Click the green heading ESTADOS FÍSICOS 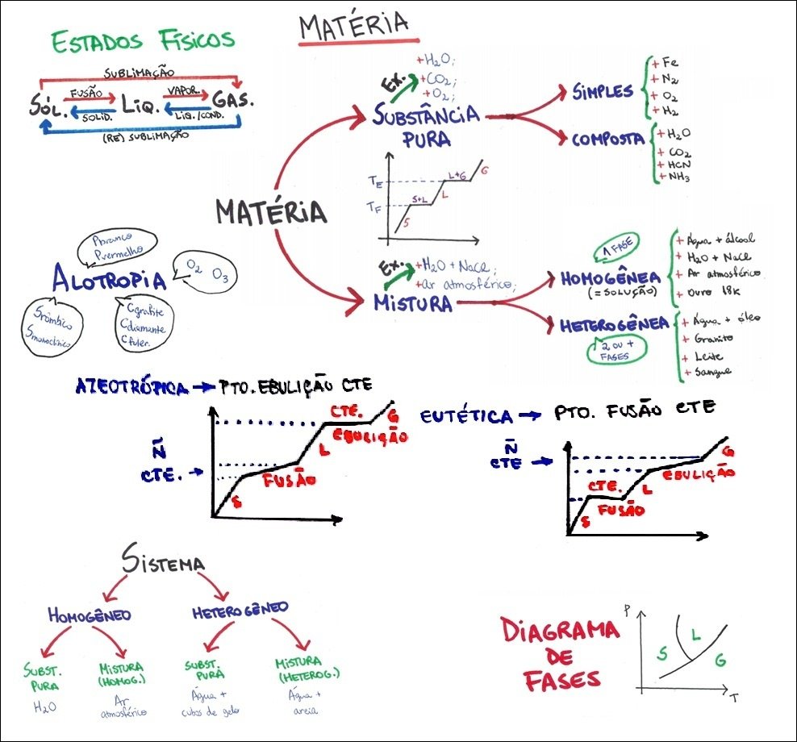coord(143,40)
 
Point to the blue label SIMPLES coord(603,90)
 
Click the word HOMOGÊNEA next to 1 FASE coord(611,277)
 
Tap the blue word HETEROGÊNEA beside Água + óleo coord(615,325)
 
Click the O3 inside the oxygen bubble coord(221,277)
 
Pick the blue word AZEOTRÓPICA coord(131,386)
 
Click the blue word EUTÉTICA coord(467,416)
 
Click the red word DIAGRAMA coord(558,629)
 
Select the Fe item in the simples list coord(667,63)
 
